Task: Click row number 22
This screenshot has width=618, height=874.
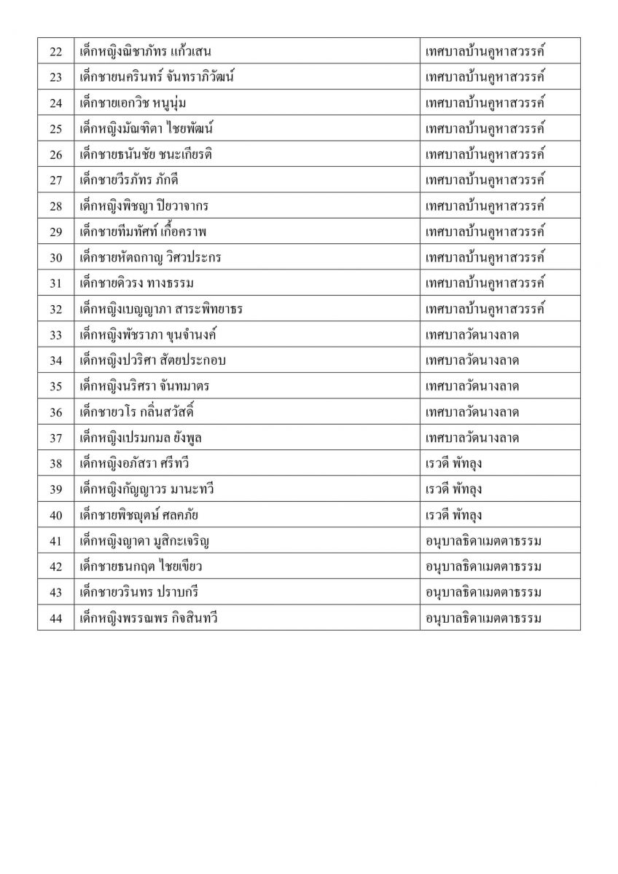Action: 55,52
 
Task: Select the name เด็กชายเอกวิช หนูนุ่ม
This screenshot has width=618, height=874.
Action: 128,103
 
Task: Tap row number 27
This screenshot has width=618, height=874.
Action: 55,181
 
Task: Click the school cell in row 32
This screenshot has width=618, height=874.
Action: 485,309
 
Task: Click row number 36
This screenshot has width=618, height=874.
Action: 55,412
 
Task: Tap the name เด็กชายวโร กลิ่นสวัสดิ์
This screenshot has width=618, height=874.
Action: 137,412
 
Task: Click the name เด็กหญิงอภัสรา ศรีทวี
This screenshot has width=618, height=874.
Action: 135,464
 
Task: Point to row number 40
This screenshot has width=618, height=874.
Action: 55,516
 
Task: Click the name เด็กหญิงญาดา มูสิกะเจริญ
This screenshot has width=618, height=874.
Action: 146,541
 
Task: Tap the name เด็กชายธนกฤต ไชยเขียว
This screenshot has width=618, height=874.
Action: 141,567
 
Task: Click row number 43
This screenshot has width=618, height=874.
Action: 55,593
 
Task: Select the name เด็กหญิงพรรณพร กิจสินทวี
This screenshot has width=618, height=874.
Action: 149,618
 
